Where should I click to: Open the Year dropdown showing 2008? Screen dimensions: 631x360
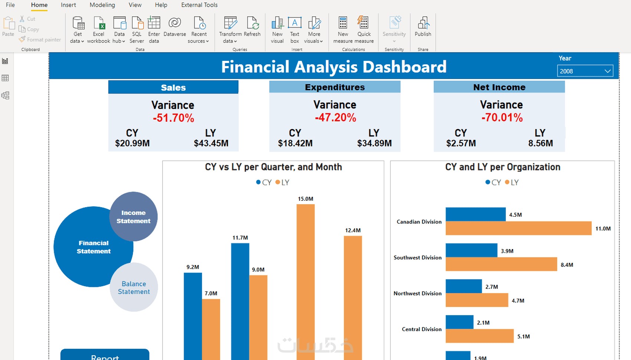(585, 71)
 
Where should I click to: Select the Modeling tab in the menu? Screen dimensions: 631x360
(102, 5)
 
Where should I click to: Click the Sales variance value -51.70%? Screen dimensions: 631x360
(174, 118)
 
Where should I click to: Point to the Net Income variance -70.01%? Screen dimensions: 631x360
(502, 118)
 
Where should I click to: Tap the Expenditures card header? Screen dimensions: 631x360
(335, 87)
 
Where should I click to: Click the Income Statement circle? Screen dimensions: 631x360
(133, 216)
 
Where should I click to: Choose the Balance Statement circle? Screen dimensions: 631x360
(134, 287)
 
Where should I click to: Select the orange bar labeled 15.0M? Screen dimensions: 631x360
(305, 282)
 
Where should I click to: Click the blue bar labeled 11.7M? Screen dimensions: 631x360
(240, 301)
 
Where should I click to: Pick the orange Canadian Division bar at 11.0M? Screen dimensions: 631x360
(518, 228)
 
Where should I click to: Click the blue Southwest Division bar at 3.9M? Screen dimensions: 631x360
(471, 250)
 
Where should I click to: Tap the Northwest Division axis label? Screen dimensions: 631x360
(418, 293)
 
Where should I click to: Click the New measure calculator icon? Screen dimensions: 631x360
(343, 23)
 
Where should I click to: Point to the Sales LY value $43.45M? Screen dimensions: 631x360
(211, 143)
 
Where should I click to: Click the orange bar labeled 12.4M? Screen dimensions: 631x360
(353, 298)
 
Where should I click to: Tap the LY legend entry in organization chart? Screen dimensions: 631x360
(511, 182)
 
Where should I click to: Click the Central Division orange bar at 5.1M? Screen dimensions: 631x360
(480, 336)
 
